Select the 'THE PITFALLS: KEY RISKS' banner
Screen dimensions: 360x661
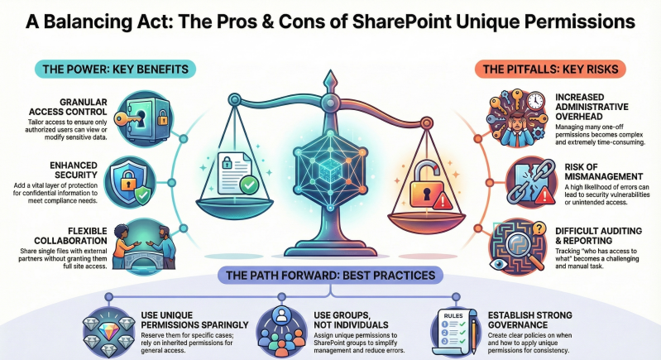(x=552, y=69)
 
